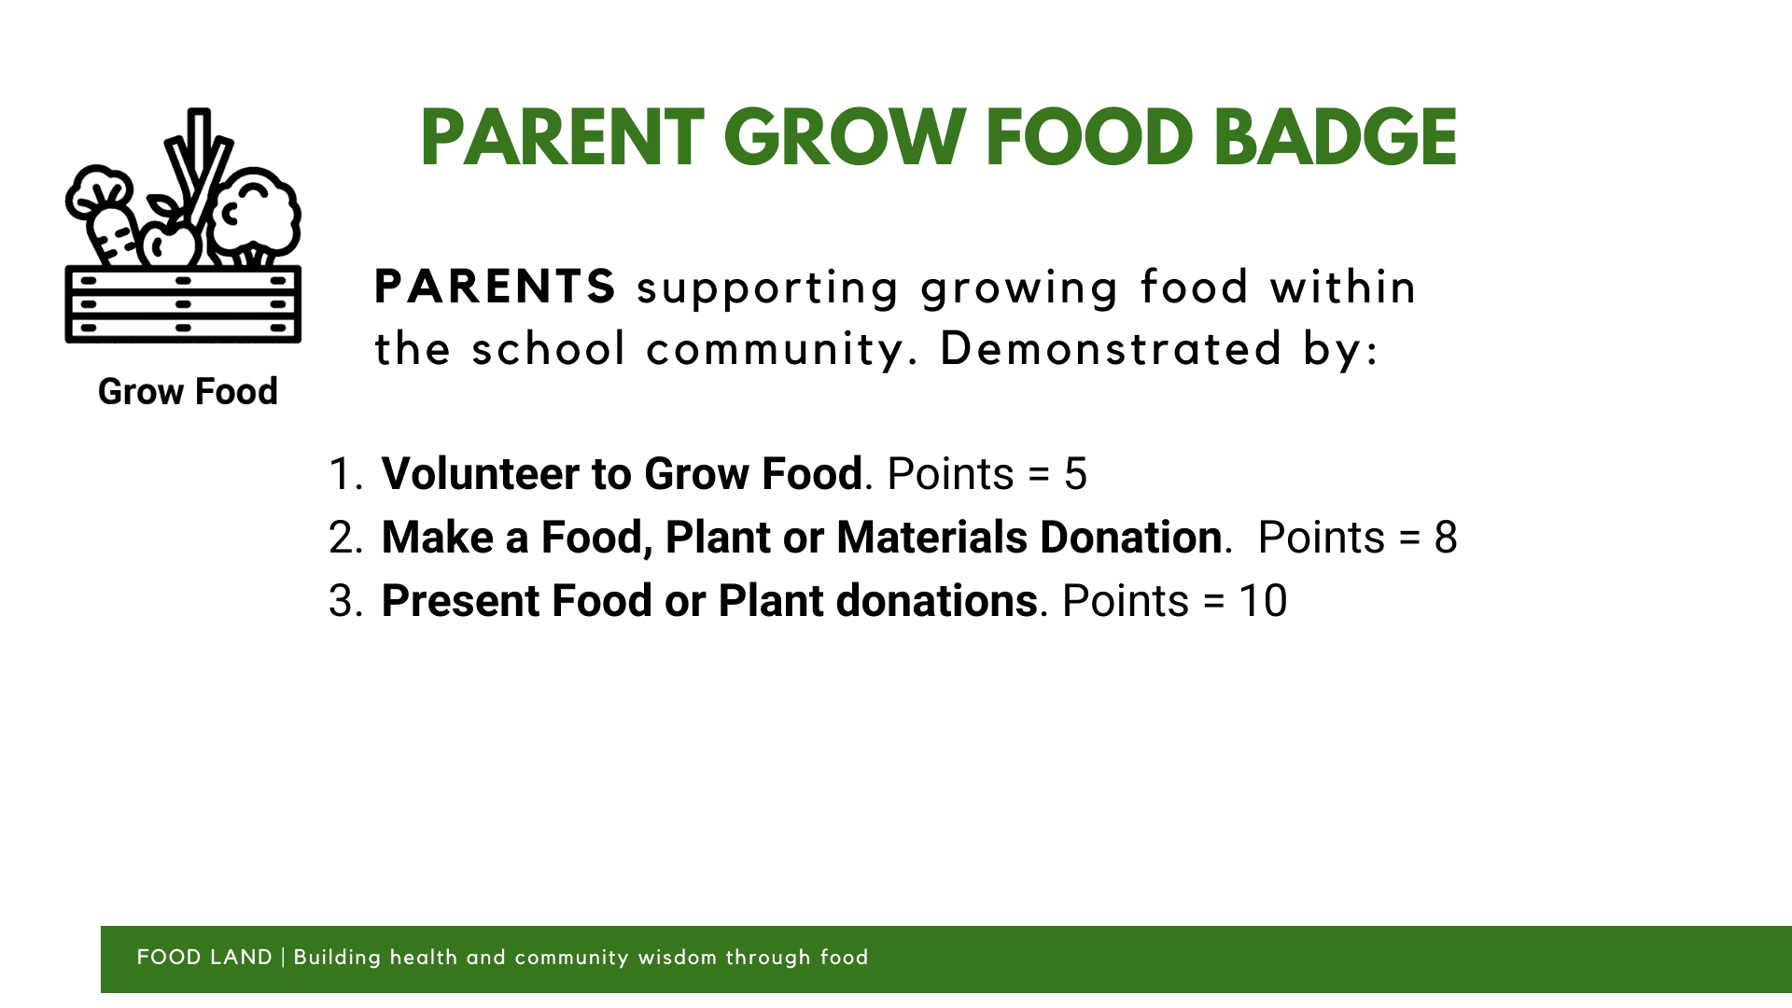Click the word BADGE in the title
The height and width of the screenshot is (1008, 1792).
(1336, 137)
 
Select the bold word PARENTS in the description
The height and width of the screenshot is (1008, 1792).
(495, 287)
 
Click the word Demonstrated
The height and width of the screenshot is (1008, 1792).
(1111, 348)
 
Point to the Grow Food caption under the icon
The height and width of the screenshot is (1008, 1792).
(188, 392)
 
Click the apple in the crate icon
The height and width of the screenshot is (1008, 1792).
(168, 239)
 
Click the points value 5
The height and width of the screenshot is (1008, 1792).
(1075, 474)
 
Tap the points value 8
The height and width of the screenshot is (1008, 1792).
(1446, 538)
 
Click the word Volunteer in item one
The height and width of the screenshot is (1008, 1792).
(481, 474)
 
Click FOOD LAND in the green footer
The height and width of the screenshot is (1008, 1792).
(204, 958)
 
